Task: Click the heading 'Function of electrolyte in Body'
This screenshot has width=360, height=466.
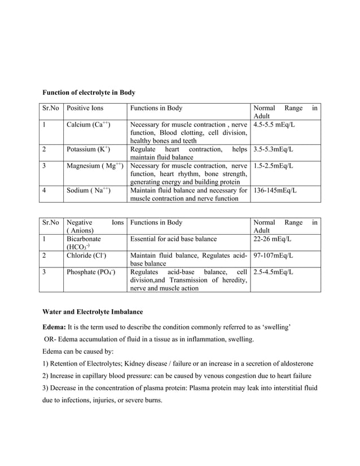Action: point(89,92)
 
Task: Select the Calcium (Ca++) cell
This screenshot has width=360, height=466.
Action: point(88,124)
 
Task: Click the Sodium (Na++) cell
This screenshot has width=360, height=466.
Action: point(89,191)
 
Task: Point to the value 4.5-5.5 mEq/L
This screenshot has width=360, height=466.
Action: point(275,124)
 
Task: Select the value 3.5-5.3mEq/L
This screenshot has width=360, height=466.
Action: point(274,150)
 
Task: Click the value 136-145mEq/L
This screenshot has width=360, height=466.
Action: point(275,191)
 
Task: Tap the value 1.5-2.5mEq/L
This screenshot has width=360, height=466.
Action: point(274,166)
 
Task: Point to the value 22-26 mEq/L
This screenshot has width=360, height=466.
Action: point(273,239)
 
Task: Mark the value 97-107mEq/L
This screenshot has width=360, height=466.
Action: point(274,256)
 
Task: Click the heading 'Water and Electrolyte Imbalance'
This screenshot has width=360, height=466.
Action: point(93,311)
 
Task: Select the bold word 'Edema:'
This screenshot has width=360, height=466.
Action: point(55,327)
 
